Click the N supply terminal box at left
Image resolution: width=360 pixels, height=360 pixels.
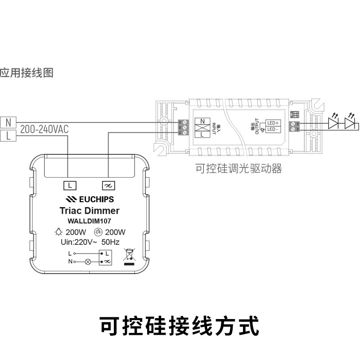tap(8, 122)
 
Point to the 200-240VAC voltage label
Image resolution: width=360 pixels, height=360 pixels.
tap(44, 130)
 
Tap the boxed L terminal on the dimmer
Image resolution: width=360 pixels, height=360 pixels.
tap(69, 185)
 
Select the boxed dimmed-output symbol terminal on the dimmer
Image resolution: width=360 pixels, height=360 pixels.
tap(108, 185)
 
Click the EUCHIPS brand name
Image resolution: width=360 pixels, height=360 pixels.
tap(90, 199)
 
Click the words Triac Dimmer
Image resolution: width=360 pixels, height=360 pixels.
tap(89, 211)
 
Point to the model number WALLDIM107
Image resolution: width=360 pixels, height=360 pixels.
tap(89, 221)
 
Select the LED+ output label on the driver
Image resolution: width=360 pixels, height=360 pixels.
tap(273, 123)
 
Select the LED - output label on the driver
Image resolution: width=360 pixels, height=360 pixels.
tap(272, 130)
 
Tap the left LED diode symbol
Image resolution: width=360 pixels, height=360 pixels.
tap(333, 123)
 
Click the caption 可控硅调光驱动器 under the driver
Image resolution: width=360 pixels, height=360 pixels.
tap(238, 169)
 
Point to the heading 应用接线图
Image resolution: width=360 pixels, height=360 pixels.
tap(27, 72)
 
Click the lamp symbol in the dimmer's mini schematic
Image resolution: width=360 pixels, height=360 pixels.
tap(88, 261)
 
